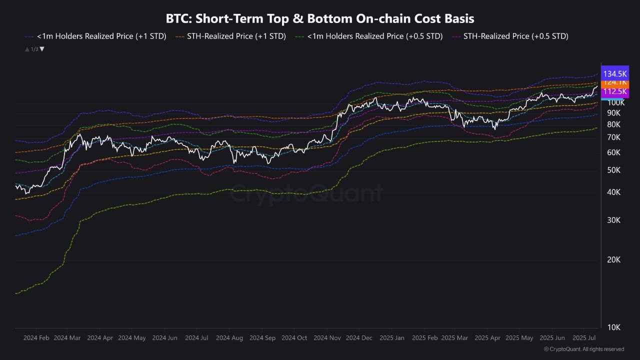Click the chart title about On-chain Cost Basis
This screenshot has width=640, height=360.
[x=320, y=18]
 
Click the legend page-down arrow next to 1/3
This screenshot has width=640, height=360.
[x=42, y=49]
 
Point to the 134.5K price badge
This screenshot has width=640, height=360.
[x=614, y=73]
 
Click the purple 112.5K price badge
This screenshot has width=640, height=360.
[x=614, y=91]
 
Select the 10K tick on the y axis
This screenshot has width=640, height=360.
[x=613, y=327]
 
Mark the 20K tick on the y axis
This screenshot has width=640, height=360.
[x=613, y=260]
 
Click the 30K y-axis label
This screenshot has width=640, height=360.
[x=613, y=220]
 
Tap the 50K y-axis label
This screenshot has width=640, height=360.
[x=613, y=170]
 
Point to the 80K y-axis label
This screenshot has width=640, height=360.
[x=613, y=124]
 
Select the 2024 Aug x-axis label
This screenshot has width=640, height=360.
[x=229, y=338]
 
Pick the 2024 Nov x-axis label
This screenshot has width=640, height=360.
[x=327, y=338]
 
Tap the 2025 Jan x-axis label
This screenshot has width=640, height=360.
[x=391, y=338]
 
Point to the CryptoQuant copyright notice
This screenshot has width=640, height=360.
[x=583, y=349]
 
